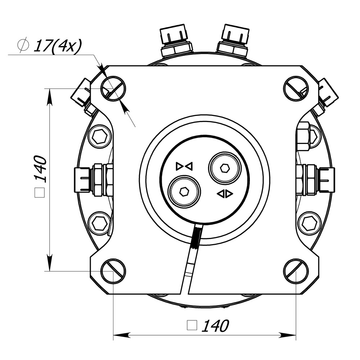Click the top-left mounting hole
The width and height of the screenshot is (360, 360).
click(113, 89)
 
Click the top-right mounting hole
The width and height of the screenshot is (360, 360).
click(296, 89)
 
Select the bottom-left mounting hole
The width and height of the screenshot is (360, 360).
click(113, 271)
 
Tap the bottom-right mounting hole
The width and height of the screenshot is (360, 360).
click(296, 271)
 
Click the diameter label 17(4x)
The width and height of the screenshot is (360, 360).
click(57, 46)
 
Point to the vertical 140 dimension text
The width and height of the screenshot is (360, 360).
click(40, 169)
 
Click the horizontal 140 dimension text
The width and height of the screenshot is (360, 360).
click(215, 326)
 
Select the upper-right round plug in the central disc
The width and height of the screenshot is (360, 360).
click(225, 168)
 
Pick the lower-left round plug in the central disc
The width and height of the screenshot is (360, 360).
click(184, 192)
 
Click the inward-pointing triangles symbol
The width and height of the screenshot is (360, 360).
click(184, 166)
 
